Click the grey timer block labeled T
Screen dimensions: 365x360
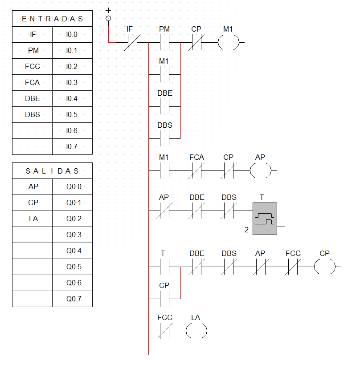click(265, 219)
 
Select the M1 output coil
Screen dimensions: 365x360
click(229, 43)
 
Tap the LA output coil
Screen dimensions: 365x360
click(196, 331)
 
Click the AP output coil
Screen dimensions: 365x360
click(261, 170)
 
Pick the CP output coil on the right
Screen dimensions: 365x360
click(325, 267)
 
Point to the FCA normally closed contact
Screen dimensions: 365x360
click(196, 170)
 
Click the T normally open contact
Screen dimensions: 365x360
click(164, 267)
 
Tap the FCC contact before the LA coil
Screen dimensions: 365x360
click(164, 331)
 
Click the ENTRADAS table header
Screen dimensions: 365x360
click(53, 19)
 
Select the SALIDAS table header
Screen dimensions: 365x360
click(53, 171)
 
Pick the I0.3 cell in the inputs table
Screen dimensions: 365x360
click(72, 82)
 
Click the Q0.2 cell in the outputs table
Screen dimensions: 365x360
click(72, 219)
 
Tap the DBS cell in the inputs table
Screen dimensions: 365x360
click(33, 114)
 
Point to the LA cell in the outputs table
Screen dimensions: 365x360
click(33, 219)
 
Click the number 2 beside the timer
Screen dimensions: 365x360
click(246, 230)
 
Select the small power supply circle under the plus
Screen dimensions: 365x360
click(108, 18)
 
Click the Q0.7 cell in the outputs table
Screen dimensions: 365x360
click(72, 299)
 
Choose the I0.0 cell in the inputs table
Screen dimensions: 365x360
click(72, 34)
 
